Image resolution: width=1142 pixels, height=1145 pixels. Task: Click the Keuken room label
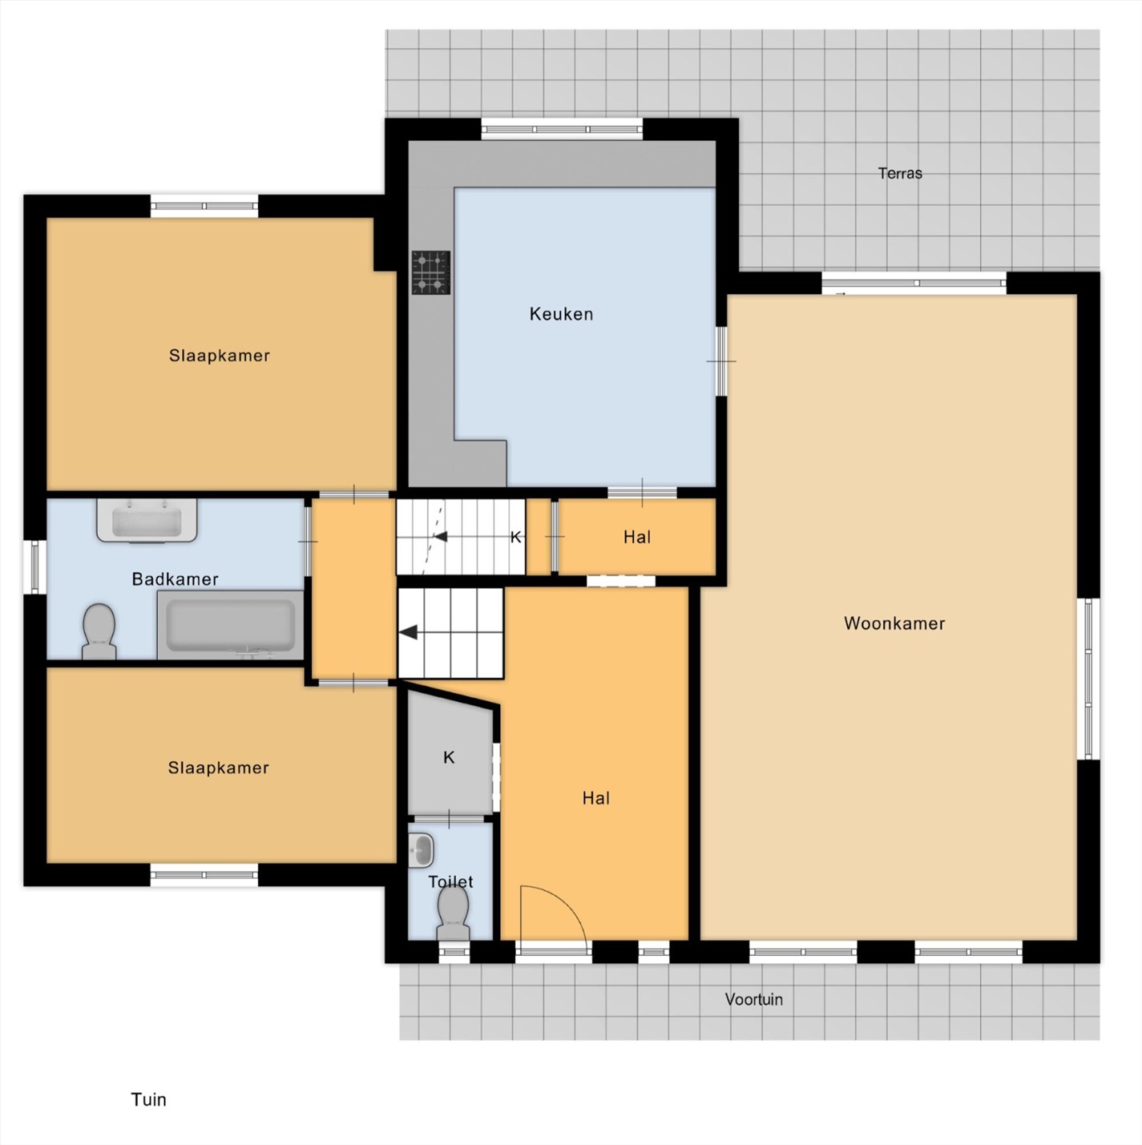pyautogui.click(x=561, y=314)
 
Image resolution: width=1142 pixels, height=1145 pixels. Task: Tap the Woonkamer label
pyautogui.click(x=894, y=623)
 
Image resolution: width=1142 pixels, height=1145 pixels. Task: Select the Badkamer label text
pyautogui.click(x=175, y=579)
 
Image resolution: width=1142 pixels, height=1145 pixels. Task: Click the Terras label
pyautogui.click(x=900, y=174)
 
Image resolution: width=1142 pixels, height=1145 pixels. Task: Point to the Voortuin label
pyautogui.click(x=753, y=999)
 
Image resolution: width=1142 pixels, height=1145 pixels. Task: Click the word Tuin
pyautogui.click(x=148, y=1099)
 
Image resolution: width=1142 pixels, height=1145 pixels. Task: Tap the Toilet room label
pyautogui.click(x=450, y=881)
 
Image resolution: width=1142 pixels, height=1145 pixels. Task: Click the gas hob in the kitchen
pyautogui.click(x=431, y=272)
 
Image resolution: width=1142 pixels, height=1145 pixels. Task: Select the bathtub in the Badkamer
pyautogui.click(x=230, y=624)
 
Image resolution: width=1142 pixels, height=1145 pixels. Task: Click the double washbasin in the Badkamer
pyautogui.click(x=147, y=521)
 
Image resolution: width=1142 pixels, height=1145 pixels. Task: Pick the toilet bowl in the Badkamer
pyautogui.click(x=99, y=631)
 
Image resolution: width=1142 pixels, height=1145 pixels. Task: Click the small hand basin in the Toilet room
pyautogui.click(x=421, y=850)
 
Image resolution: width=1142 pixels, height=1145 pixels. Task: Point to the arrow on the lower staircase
pyautogui.click(x=408, y=633)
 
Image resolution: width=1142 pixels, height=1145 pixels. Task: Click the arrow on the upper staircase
pyautogui.click(x=440, y=537)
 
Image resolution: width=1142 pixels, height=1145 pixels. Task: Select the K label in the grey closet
pyautogui.click(x=449, y=757)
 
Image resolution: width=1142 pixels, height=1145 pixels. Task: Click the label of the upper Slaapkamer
pyautogui.click(x=220, y=355)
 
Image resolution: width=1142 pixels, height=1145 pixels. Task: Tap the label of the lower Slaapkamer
pyautogui.click(x=218, y=768)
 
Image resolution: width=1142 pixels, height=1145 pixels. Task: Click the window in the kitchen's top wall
pyautogui.click(x=562, y=129)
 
